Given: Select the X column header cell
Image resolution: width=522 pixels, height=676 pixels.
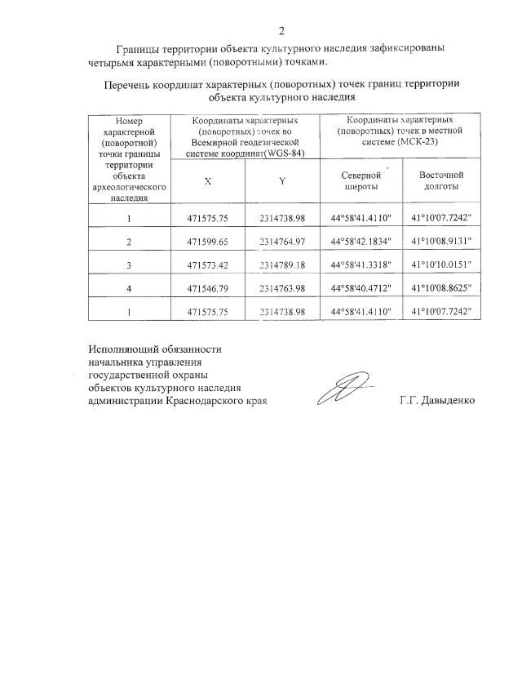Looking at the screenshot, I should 208,181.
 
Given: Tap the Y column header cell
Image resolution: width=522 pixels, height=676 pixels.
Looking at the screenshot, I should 281,181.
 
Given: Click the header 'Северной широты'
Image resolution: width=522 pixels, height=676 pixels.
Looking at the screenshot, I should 361,180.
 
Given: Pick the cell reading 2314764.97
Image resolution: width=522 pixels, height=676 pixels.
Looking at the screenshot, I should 281,242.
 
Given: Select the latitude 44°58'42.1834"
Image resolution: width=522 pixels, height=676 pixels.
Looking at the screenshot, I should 361,242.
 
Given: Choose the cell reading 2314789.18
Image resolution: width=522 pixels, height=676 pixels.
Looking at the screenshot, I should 281,265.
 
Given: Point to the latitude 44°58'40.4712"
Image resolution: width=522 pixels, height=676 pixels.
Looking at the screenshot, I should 361,288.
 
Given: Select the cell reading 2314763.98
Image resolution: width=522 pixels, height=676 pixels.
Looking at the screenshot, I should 281,288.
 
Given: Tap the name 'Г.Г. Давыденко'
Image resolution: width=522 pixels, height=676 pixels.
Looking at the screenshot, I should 436,401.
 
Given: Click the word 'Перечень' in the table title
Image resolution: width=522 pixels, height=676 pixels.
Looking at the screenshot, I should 128,85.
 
